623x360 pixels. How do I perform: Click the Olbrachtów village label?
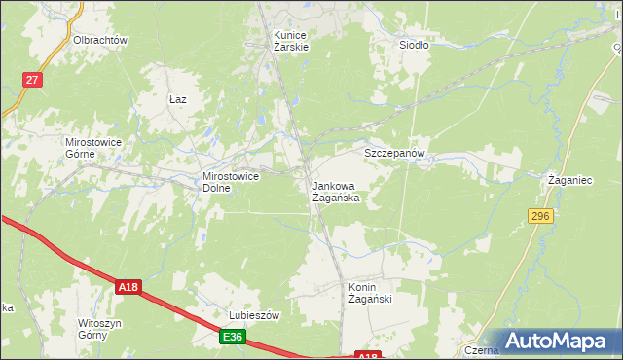click(101, 41)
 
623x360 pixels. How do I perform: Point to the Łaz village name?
click(177, 99)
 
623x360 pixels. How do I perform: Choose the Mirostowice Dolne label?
click(230, 182)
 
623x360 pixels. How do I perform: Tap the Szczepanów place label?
click(396, 154)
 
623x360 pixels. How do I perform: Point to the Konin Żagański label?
click(370, 293)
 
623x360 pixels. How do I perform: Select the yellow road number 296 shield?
click(542, 215)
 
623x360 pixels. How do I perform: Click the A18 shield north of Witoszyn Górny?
click(128, 287)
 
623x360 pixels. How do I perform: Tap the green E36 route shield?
click(232, 337)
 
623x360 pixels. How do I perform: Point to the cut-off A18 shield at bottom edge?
click(367, 356)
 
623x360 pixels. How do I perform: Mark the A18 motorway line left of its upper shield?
click(68, 256)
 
